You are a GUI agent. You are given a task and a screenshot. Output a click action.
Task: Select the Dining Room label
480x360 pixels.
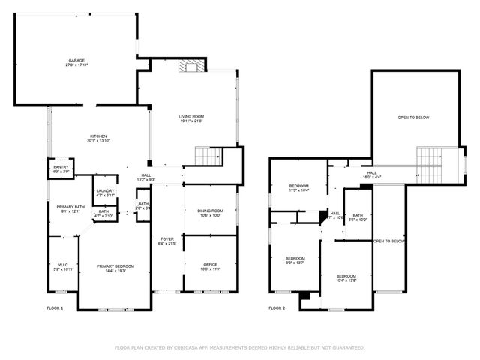tap(210, 211)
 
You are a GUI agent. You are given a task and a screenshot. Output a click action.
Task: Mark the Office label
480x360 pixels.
tap(210, 265)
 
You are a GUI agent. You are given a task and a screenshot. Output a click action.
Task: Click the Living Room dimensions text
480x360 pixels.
tap(191, 121)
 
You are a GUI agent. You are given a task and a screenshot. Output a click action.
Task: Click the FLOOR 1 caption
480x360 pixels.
tap(55, 308)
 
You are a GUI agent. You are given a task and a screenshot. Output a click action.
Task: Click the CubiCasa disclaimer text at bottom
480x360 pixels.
tap(239, 347)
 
